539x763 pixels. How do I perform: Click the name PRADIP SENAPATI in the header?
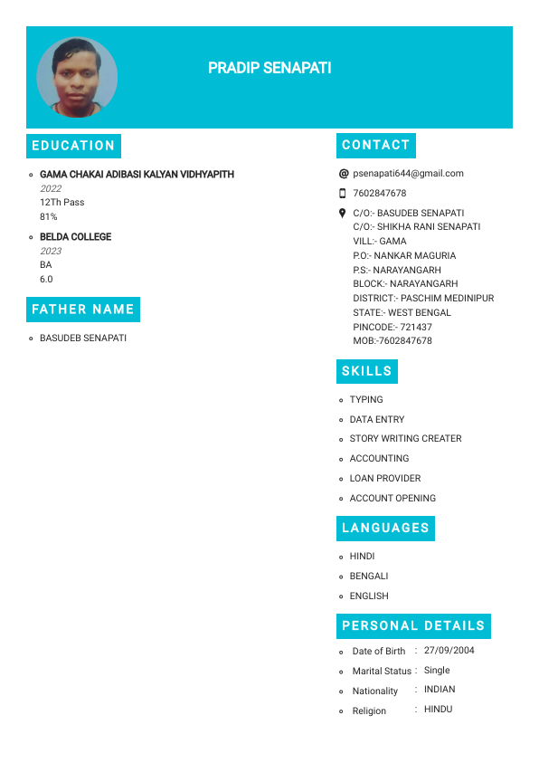(269, 68)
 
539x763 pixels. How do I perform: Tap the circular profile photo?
(77, 77)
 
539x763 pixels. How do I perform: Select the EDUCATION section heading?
(73, 146)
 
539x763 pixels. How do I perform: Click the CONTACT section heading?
(376, 145)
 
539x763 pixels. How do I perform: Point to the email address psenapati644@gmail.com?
(408, 173)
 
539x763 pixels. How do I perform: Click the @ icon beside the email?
(343, 173)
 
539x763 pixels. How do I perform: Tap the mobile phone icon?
(343, 193)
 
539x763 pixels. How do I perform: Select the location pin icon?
(343, 214)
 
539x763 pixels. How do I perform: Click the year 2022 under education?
(51, 188)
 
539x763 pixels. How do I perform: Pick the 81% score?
(49, 217)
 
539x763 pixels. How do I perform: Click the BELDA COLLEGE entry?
(76, 237)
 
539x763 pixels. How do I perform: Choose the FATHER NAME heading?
(83, 310)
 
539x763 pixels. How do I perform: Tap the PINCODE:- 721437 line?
(392, 327)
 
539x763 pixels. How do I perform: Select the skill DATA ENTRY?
(377, 420)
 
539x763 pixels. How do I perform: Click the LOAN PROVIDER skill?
(385, 478)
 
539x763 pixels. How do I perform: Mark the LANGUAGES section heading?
(385, 528)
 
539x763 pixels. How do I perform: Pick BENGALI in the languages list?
(369, 576)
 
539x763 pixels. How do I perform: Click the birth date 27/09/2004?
(449, 650)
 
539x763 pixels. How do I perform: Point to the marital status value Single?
(437, 671)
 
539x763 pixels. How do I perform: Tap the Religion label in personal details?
(369, 711)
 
